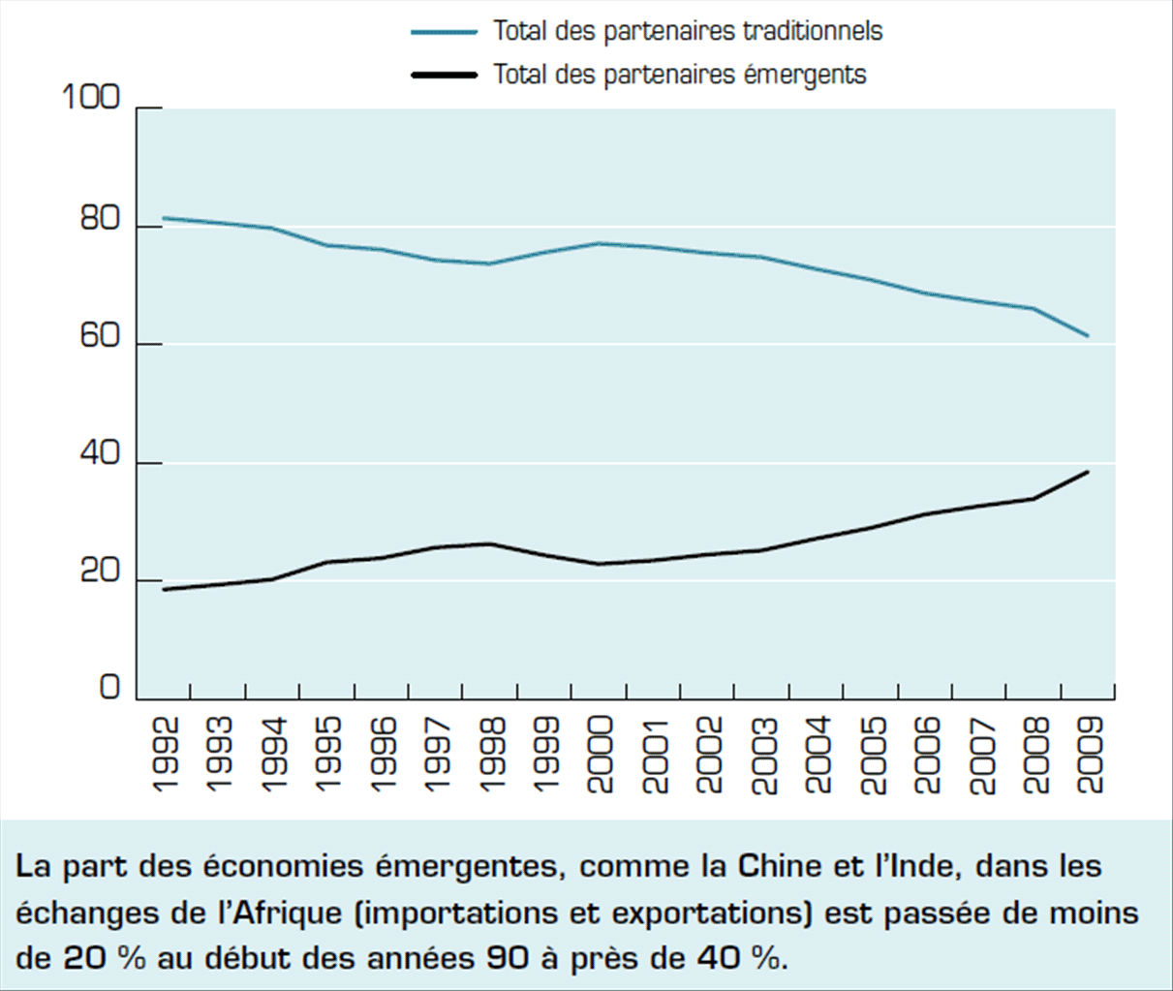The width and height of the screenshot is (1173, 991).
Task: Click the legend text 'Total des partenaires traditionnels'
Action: (x=688, y=31)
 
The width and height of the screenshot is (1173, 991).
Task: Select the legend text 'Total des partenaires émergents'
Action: (x=679, y=74)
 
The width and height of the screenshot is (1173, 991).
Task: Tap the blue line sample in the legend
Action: (x=445, y=31)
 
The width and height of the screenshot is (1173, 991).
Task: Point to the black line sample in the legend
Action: (x=445, y=74)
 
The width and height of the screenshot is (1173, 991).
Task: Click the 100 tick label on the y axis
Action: (x=91, y=98)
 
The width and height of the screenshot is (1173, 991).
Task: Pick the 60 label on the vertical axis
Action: (x=100, y=336)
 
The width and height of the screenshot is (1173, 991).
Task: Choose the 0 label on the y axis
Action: (x=109, y=688)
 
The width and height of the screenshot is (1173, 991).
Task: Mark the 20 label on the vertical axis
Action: (x=100, y=573)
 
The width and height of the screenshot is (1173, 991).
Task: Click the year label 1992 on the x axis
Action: (x=166, y=755)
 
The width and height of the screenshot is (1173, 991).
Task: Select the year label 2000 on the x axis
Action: (x=601, y=755)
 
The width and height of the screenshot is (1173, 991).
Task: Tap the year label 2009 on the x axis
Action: (x=1090, y=755)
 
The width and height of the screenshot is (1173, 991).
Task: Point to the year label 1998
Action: (x=492, y=755)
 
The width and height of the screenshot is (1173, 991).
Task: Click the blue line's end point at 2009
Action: (x=1088, y=336)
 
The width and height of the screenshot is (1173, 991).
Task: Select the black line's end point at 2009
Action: (x=1088, y=472)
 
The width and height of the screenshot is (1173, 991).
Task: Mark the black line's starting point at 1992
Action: (x=164, y=589)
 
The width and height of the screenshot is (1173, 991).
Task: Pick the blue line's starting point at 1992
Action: (x=164, y=218)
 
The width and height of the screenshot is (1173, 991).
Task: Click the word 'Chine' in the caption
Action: (x=779, y=865)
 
